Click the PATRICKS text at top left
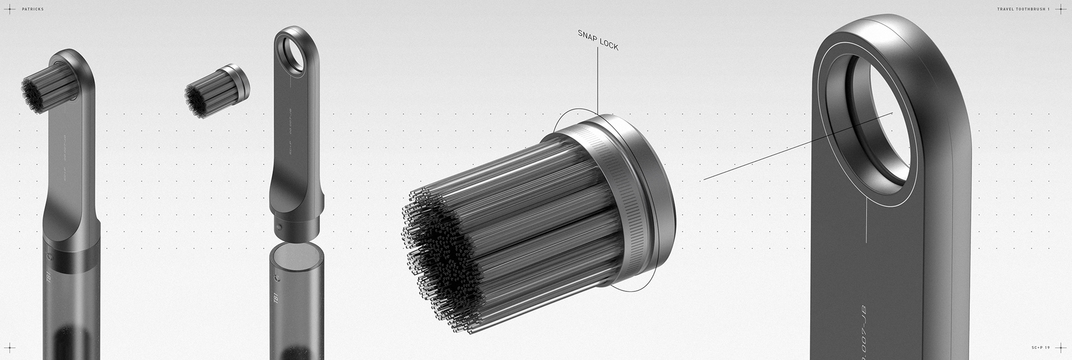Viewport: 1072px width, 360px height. coord(32,9)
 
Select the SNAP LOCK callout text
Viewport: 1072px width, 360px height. coord(597,40)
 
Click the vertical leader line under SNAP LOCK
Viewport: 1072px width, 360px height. coord(597,84)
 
